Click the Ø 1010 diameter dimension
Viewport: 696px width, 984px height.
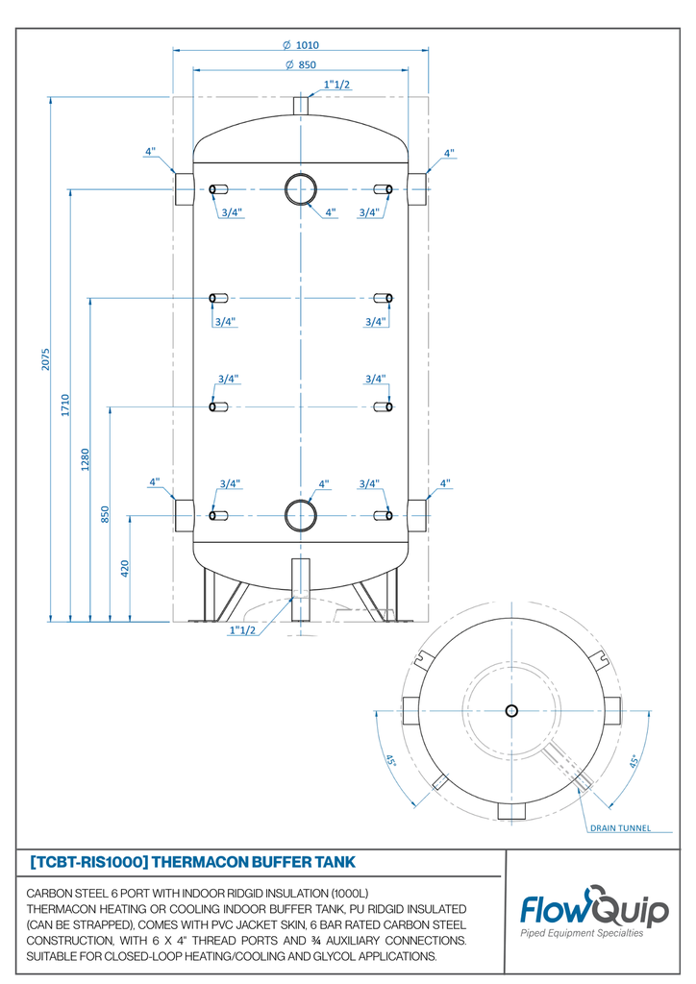[301, 45]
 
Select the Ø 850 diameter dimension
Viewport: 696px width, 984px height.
[301, 65]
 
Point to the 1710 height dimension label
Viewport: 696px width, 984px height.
[65, 404]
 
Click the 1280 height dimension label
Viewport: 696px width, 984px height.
[86, 459]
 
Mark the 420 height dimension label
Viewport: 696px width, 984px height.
[125, 569]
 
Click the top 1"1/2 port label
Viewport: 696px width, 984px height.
[336, 85]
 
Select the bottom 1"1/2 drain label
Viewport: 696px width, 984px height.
[242, 630]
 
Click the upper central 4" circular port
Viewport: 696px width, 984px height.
[301, 188]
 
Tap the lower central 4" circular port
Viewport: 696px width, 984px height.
[301, 515]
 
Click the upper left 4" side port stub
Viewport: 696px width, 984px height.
[184, 188]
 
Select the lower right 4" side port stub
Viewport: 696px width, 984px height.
[417, 515]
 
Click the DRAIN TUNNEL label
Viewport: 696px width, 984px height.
[620, 827]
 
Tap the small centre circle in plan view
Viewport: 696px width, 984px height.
[511, 710]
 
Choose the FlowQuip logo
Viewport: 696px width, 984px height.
[594, 911]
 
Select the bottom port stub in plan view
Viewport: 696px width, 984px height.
[511, 810]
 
